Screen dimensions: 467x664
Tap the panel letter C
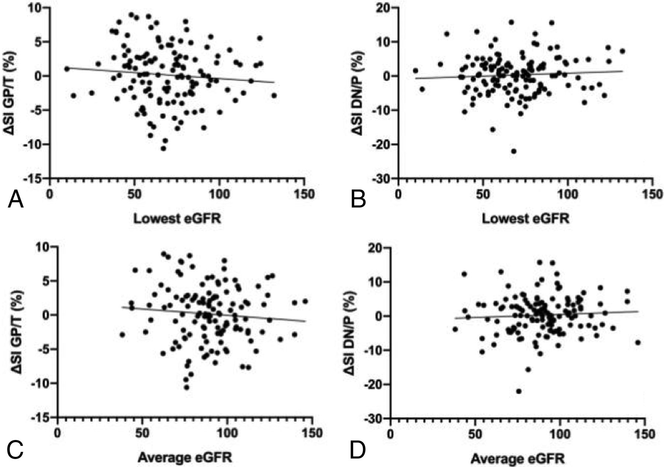pos(15,451)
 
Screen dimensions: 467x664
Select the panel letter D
pos(357,451)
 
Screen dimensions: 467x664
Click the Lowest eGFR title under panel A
pos(177,218)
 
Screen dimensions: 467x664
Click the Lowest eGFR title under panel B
pos(526,218)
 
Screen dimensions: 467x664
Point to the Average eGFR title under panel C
pos(185,458)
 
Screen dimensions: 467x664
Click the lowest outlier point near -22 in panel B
pos(513,151)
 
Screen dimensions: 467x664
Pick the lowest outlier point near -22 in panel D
pos(519,391)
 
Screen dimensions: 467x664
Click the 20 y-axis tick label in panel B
pos(384,8)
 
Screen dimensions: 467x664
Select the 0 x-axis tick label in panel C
pos(58,433)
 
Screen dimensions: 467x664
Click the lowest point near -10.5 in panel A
pos(163,149)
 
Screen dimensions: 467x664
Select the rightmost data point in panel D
pos(638,342)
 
